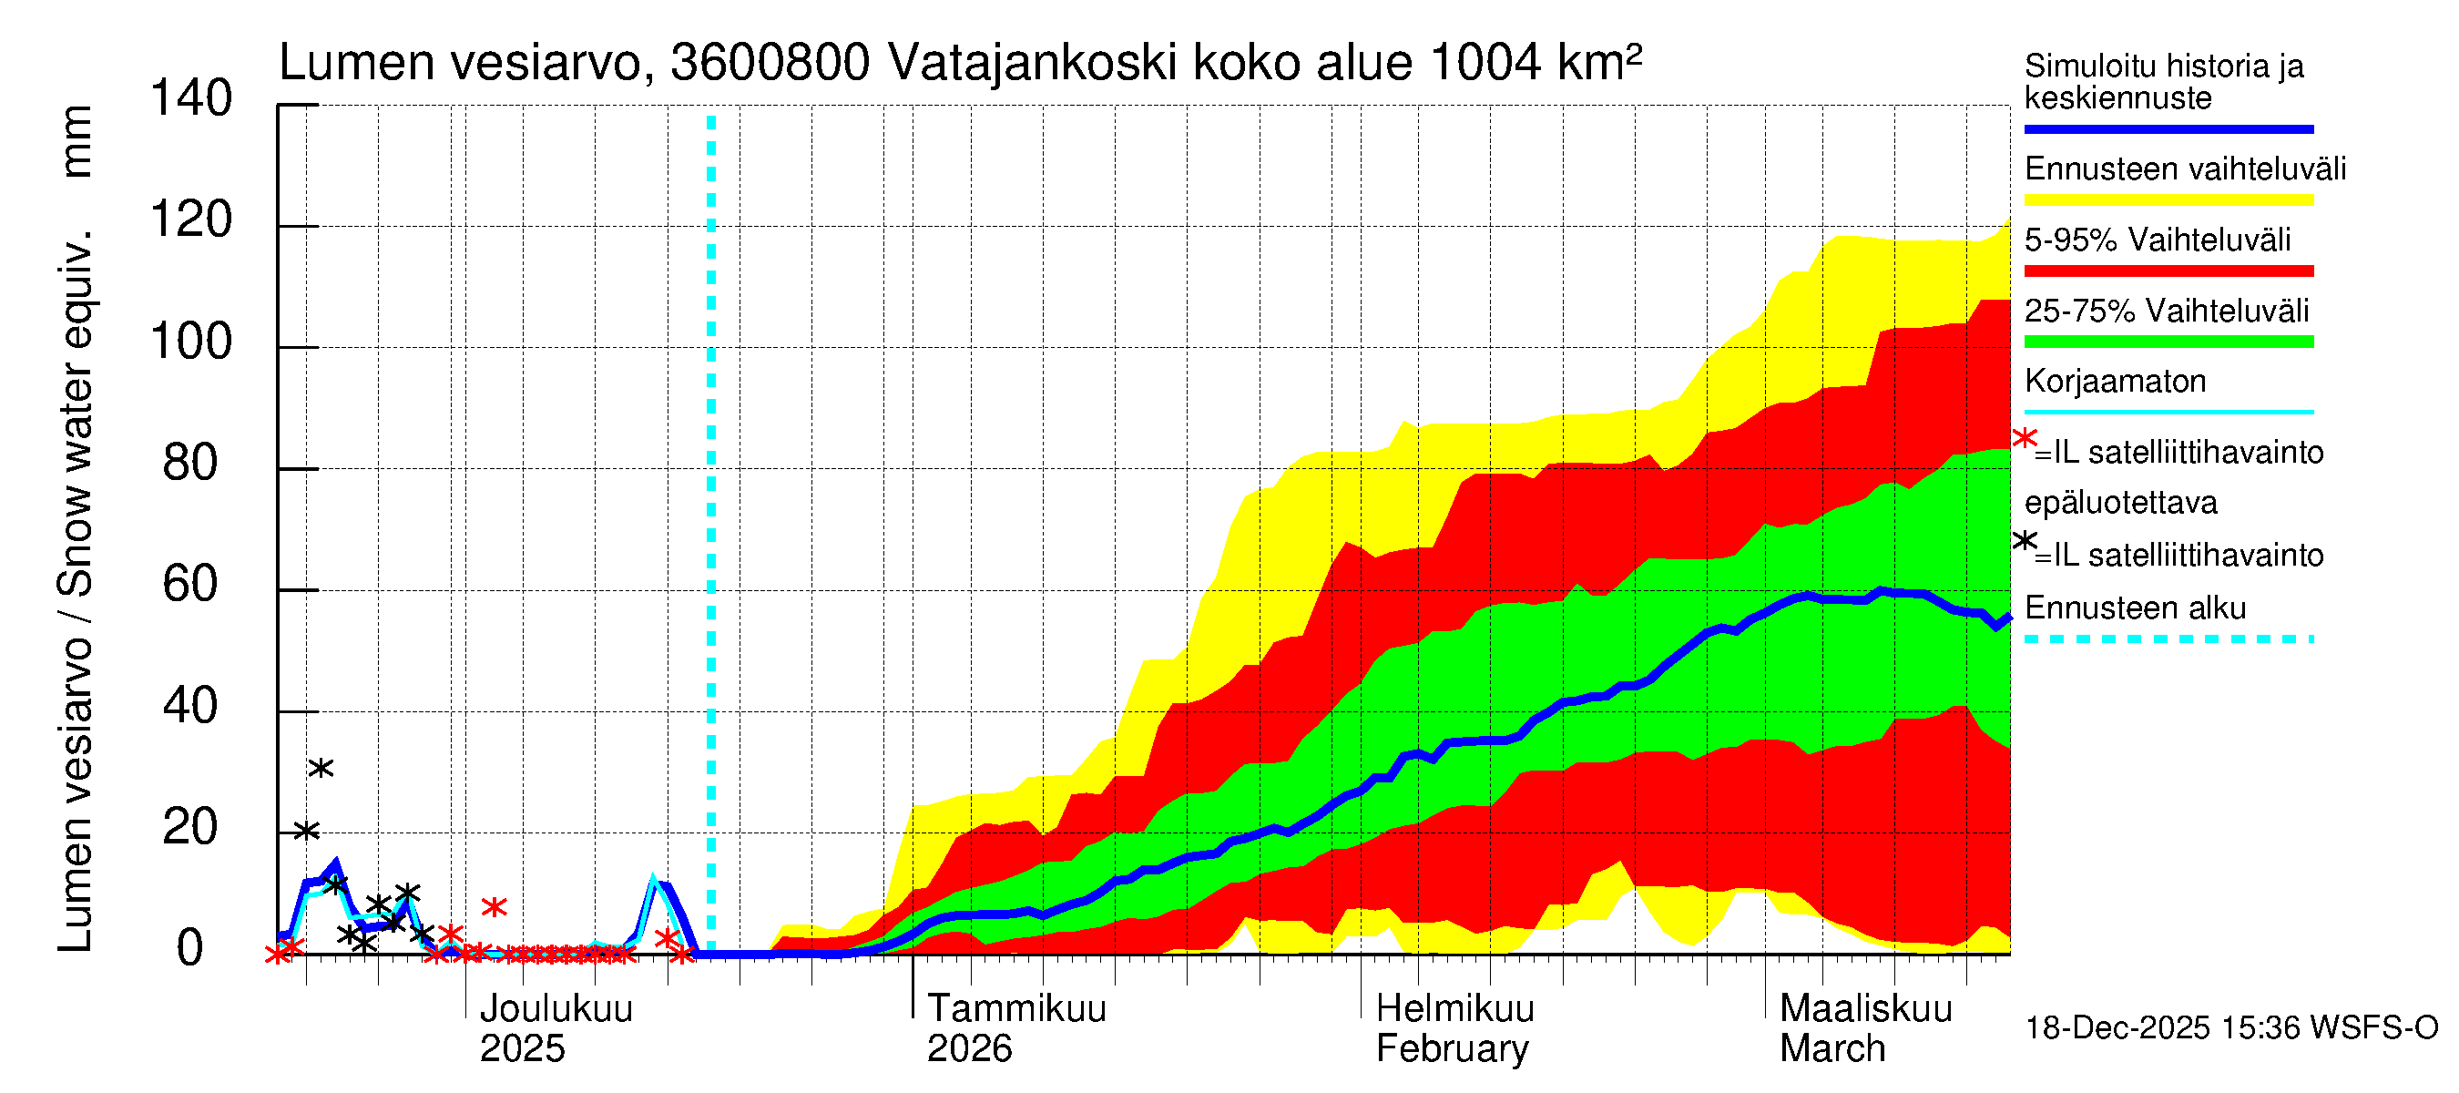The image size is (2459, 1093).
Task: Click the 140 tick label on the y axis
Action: pos(191,99)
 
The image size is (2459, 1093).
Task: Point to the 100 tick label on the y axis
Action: pos(191,342)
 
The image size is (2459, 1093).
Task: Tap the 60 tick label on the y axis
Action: pos(190,584)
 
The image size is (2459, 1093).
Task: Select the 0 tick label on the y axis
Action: pos(190,948)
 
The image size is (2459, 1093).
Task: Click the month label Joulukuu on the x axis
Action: pos(556,1008)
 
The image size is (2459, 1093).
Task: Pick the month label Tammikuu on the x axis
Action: pos(1016,1008)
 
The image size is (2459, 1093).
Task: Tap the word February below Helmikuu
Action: pos(1452,1049)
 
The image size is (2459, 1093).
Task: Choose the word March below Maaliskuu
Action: pos(1831,1049)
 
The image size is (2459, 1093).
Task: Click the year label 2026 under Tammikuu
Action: pos(969,1049)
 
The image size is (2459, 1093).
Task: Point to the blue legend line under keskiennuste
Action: pos(2168,128)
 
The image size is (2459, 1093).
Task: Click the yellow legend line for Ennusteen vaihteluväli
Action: pos(2168,200)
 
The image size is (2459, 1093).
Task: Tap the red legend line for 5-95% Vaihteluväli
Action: pos(2168,271)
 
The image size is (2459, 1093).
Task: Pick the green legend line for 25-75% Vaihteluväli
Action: pos(2168,342)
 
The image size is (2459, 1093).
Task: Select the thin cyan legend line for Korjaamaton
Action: pos(2168,413)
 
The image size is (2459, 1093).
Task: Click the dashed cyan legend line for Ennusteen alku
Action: pos(2168,638)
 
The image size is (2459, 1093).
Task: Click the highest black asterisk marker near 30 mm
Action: pos(321,768)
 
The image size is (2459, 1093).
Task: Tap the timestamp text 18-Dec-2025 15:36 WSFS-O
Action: pos(2230,1028)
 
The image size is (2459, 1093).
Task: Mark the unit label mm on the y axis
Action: pos(77,141)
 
